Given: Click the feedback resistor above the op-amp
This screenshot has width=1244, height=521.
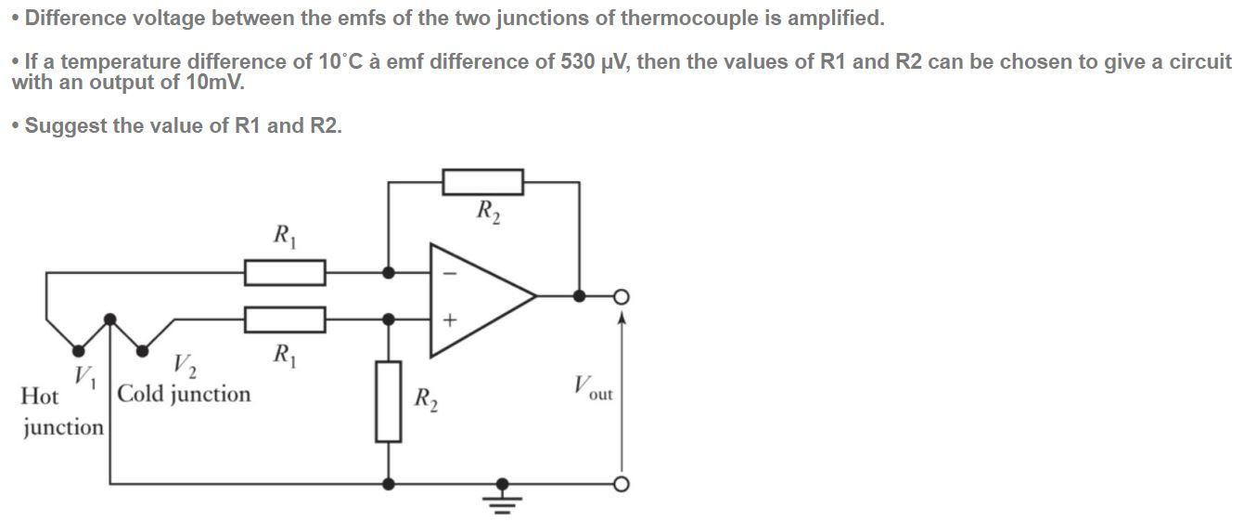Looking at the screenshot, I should pos(482,182).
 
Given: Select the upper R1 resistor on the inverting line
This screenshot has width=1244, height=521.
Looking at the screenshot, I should pos(285,273).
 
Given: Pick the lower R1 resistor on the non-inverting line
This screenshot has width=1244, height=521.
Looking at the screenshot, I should pos(285,319).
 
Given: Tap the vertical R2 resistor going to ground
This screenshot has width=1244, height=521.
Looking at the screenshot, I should pos(389,401).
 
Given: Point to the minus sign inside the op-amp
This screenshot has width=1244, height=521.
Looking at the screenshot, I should pos(450,274).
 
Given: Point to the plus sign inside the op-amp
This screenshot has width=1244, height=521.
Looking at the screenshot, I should pos(450,320).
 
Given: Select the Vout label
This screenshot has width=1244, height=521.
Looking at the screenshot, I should pos(592,387).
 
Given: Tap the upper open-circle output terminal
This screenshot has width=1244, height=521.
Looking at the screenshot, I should pos(621,296).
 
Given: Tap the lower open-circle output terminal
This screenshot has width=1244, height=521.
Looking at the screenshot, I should pos(621,484).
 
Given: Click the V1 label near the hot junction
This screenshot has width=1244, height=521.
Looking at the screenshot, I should pos(85,376).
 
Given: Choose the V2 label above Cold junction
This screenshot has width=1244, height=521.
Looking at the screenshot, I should pos(185,368).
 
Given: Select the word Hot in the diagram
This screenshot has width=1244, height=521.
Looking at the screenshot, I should pos(39,397).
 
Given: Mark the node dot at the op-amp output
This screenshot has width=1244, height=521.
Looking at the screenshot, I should pos(579,296).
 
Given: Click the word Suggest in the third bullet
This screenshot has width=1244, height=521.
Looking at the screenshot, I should pos(64,125).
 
